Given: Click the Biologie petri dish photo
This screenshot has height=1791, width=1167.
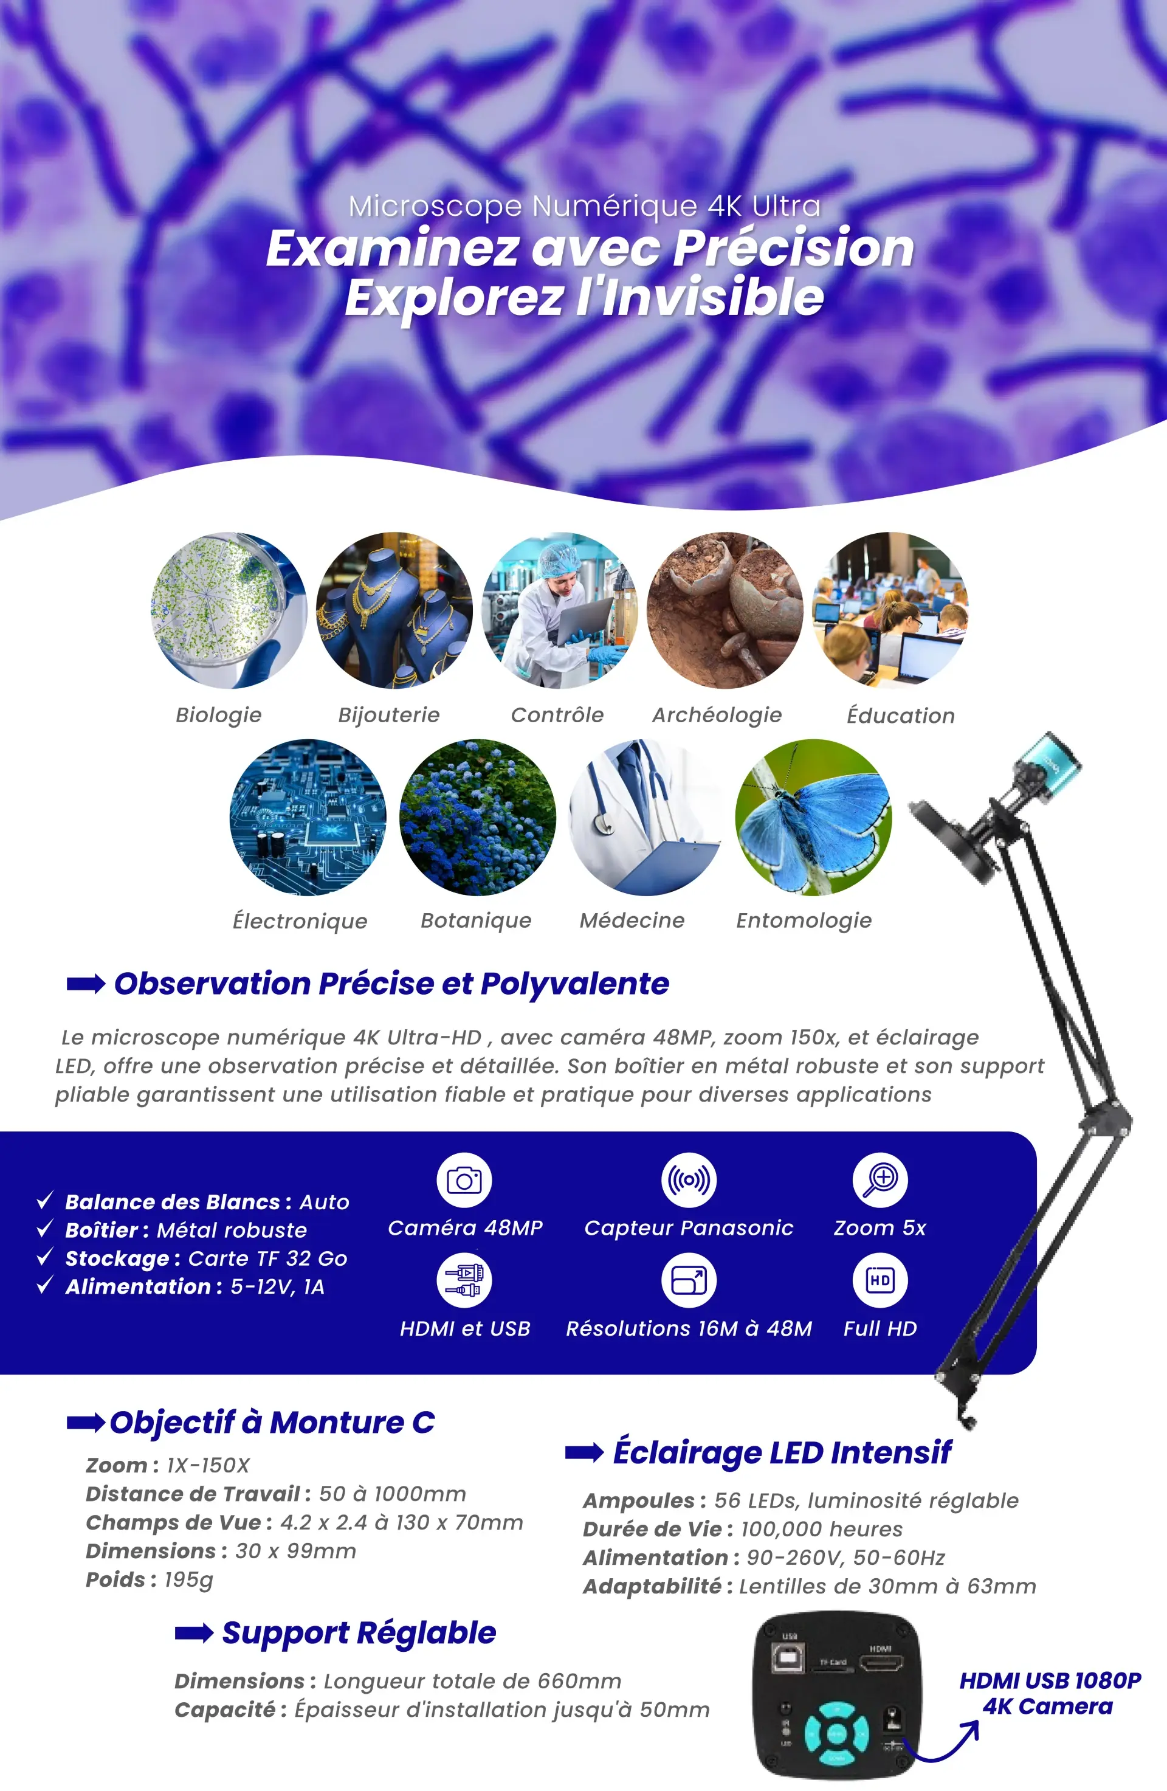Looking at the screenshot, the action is coord(229,610).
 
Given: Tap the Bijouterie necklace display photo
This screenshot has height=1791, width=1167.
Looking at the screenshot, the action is coord(394,610).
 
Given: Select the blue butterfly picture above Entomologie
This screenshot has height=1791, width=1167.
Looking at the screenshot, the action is coord(813,817).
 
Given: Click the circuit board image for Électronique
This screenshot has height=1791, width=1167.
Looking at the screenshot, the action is coord(308,817).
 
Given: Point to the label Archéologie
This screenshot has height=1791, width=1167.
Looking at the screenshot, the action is coord(717,715).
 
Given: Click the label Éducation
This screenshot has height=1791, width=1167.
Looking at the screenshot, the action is coord(901,715).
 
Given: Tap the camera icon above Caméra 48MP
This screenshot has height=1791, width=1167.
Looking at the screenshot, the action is coord(464,1180).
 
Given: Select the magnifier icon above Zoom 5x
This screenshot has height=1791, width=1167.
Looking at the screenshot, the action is coord(880,1180).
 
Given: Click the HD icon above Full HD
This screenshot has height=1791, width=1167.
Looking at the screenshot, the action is coord(880,1280).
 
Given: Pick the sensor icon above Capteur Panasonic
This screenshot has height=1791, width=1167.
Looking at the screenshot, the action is coord(689,1180).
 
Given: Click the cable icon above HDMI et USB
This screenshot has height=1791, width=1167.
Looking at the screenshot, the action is coord(464,1280).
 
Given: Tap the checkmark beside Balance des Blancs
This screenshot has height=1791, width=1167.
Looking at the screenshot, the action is coord(45,1199).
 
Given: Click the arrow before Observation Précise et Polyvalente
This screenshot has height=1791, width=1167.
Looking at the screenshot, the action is coord(86,984).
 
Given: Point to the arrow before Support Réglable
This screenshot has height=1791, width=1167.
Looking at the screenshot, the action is coord(194,1633).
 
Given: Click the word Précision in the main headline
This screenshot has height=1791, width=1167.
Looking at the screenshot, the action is coord(793,248).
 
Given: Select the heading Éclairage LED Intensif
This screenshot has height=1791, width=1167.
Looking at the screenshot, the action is coord(782,1452).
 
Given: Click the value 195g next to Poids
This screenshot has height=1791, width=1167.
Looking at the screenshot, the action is coord(189,1579).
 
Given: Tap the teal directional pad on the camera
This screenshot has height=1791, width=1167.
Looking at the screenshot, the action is coord(837,1734).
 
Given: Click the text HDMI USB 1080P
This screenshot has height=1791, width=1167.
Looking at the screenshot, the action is coord(1050,1680).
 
